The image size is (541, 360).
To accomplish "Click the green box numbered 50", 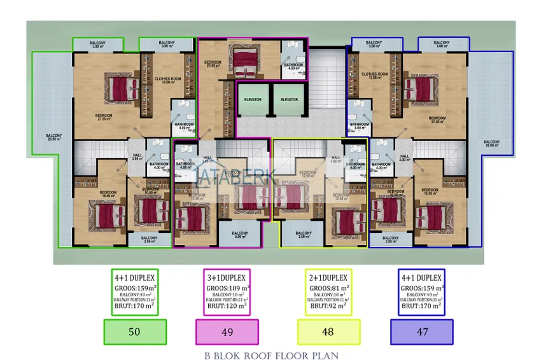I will (134, 331).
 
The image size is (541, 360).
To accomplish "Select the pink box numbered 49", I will (227, 331).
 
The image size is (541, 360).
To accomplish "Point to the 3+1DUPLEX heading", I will (227, 277).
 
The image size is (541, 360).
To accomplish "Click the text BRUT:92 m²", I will (328, 306).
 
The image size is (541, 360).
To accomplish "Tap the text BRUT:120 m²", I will (227, 306).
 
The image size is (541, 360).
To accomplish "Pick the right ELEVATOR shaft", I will (289, 99).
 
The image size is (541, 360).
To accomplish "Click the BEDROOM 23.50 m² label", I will (213, 64).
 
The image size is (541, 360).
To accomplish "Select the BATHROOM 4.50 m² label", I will (293, 66).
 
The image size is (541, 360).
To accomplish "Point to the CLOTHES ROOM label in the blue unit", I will (375, 76).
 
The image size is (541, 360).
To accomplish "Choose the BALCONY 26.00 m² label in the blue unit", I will (491, 143).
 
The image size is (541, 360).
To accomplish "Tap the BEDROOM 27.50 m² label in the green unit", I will (104, 117).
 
